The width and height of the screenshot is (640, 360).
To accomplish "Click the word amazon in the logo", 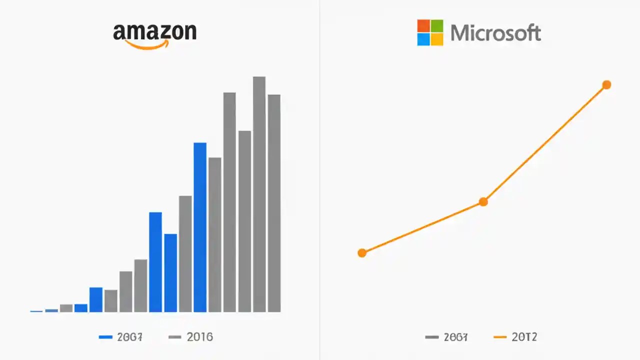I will point(154,31).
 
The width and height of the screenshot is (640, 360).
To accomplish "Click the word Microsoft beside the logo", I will point(495,33).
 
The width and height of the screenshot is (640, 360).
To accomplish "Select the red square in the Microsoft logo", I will point(423,26).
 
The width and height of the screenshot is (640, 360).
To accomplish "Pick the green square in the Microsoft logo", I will point(437,26).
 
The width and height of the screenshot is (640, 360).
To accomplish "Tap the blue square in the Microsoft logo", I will point(423,39).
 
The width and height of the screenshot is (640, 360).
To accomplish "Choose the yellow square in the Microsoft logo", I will point(437,39).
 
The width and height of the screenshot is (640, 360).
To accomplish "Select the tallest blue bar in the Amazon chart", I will point(200,227).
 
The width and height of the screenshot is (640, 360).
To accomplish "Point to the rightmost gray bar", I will point(274,203).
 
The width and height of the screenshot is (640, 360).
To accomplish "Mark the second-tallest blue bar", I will point(155,262).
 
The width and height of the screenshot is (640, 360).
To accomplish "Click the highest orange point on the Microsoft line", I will point(606,85).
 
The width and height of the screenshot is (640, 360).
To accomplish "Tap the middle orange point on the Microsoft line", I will point(483,202).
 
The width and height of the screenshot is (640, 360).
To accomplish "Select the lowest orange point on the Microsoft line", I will point(362,253).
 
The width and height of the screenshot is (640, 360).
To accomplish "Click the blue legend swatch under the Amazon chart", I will point(105,337).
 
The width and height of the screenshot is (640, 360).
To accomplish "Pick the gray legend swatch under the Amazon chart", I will point(175,337).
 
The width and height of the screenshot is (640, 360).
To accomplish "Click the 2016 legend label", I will point(199,337).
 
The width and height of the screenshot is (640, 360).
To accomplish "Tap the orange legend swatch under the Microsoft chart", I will point(500,337).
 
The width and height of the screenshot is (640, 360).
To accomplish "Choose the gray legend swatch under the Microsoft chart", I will point(431,337).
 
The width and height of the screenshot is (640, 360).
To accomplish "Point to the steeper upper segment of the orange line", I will point(545,143).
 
